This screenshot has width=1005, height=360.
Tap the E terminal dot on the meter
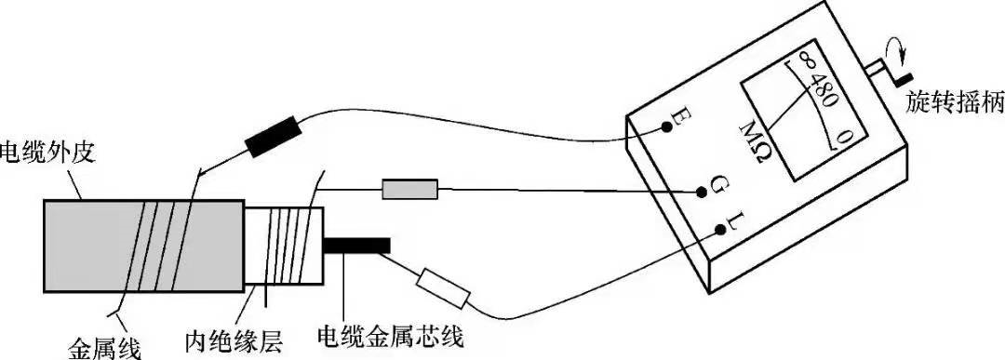click(667, 127)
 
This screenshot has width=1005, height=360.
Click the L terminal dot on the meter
click(721, 229)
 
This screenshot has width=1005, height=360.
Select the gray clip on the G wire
click(409, 190)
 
